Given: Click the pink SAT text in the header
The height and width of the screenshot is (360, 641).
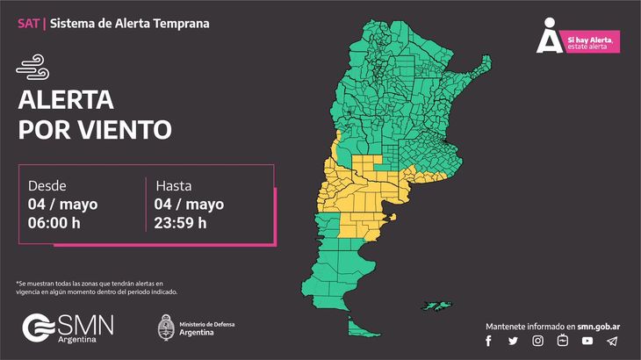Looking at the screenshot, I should point(28,24).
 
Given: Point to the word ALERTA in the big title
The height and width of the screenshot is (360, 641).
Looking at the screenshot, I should point(66,98).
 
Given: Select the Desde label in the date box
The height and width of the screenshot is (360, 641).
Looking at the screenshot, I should point(47,186).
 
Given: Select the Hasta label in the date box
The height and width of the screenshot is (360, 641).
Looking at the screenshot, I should point(174,186).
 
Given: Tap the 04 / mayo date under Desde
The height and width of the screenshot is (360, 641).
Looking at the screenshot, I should point(62,205).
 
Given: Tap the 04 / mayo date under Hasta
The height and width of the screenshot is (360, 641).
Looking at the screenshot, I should point(190,205).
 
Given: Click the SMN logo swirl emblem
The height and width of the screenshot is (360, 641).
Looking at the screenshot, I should point(38,327).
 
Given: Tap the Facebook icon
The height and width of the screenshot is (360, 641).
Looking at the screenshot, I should point(489,341).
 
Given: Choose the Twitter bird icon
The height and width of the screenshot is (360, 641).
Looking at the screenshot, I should point(513,341).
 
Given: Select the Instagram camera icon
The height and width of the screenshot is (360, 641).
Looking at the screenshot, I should point(537,341).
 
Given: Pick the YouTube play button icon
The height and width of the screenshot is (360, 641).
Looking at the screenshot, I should point(587,341).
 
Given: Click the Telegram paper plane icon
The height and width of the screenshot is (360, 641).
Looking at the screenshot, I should point(611,341).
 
